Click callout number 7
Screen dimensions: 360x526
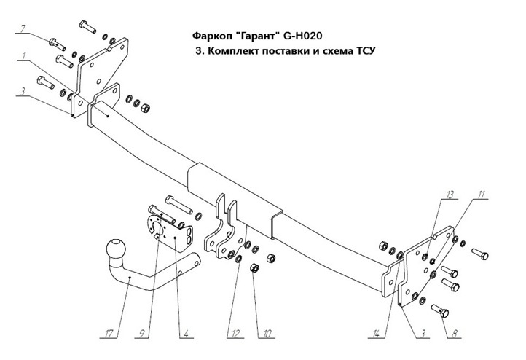[23, 28]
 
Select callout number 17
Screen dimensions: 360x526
[109, 334]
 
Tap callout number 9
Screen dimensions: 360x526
[145, 334]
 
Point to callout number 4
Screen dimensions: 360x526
[187, 334]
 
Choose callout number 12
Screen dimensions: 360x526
[234, 334]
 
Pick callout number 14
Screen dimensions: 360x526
[375, 334]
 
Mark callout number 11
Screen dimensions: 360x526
[482, 195]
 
